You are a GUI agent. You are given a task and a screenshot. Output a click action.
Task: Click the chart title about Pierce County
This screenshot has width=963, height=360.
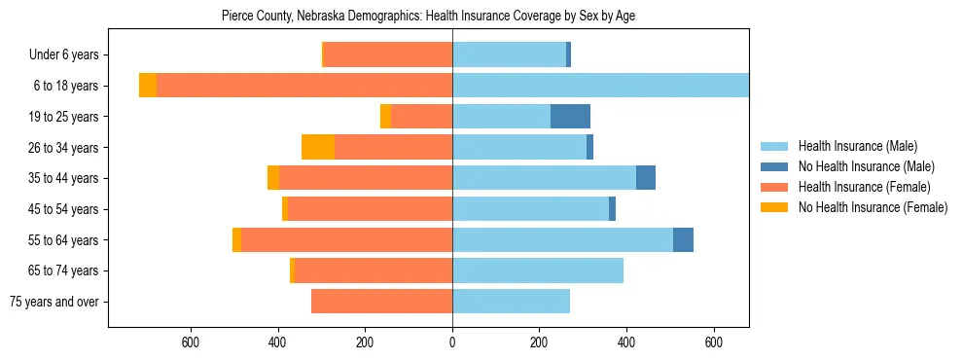click(x=428, y=17)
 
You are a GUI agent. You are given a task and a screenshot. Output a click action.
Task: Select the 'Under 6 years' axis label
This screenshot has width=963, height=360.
click(x=63, y=55)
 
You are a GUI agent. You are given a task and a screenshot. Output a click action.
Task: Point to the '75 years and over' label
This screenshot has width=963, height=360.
click(x=53, y=302)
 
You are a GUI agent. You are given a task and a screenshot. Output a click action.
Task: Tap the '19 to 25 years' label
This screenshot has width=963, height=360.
click(x=64, y=117)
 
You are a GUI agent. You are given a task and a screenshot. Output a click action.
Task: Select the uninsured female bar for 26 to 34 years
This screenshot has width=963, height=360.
click(x=318, y=147)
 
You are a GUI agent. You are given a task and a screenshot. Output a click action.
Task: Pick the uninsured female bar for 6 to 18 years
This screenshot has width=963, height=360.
click(x=148, y=86)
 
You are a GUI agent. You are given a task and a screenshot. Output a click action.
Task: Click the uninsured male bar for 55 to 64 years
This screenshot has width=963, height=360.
click(x=683, y=239)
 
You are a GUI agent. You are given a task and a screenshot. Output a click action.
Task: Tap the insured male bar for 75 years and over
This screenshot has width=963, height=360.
click(x=511, y=302)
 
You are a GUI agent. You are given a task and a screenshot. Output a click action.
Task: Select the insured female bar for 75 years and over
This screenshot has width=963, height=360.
click(x=381, y=302)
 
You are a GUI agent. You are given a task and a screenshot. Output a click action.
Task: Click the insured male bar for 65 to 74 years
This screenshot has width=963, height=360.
click(x=538, y=270)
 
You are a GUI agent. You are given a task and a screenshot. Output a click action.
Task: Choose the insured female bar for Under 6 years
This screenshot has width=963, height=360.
click(x=387, y=55)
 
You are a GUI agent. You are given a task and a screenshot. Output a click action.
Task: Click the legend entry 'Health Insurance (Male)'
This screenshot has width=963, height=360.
click(x=857, y=146)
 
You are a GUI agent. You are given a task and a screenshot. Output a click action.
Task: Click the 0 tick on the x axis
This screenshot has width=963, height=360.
click(x=452, y=342)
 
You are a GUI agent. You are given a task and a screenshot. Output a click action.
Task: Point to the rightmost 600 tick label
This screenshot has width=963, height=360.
click(x=714, y=342)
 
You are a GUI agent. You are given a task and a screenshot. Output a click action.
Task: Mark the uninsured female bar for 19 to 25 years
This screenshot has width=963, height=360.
click(x=385, y=117)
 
